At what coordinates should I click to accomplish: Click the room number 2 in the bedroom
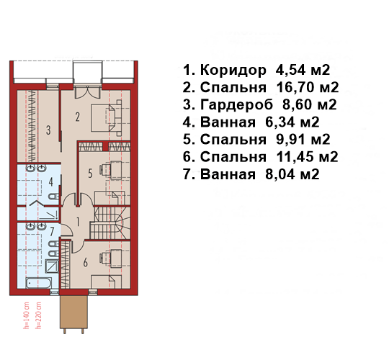coord(77,117)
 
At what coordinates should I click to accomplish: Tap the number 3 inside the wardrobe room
coord(48,130)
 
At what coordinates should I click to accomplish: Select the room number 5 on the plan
coord(90,174)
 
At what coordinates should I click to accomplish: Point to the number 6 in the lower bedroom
coord(85,262)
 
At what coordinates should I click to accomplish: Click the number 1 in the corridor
coord(78,222)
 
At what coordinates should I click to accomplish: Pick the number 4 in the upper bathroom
coord(51,182)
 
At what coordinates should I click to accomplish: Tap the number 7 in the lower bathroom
coord(52,232)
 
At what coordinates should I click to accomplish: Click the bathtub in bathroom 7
coord(39,283)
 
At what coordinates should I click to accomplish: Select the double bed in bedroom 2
coord(107,118)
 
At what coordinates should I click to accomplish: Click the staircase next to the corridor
coord(110,223)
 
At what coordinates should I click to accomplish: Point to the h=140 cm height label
coord(26,315)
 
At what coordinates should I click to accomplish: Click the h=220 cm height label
coord(38,315)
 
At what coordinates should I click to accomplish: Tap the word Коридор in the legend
coord(233,71)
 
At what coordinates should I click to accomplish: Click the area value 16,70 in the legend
coord(295,87)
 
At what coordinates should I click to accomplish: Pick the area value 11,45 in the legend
coord(295,157)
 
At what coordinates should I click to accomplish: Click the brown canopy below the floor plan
coord(73,312)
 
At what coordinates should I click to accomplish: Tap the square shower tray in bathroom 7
coord(52,266)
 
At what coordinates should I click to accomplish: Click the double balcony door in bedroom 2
coord(88,92)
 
